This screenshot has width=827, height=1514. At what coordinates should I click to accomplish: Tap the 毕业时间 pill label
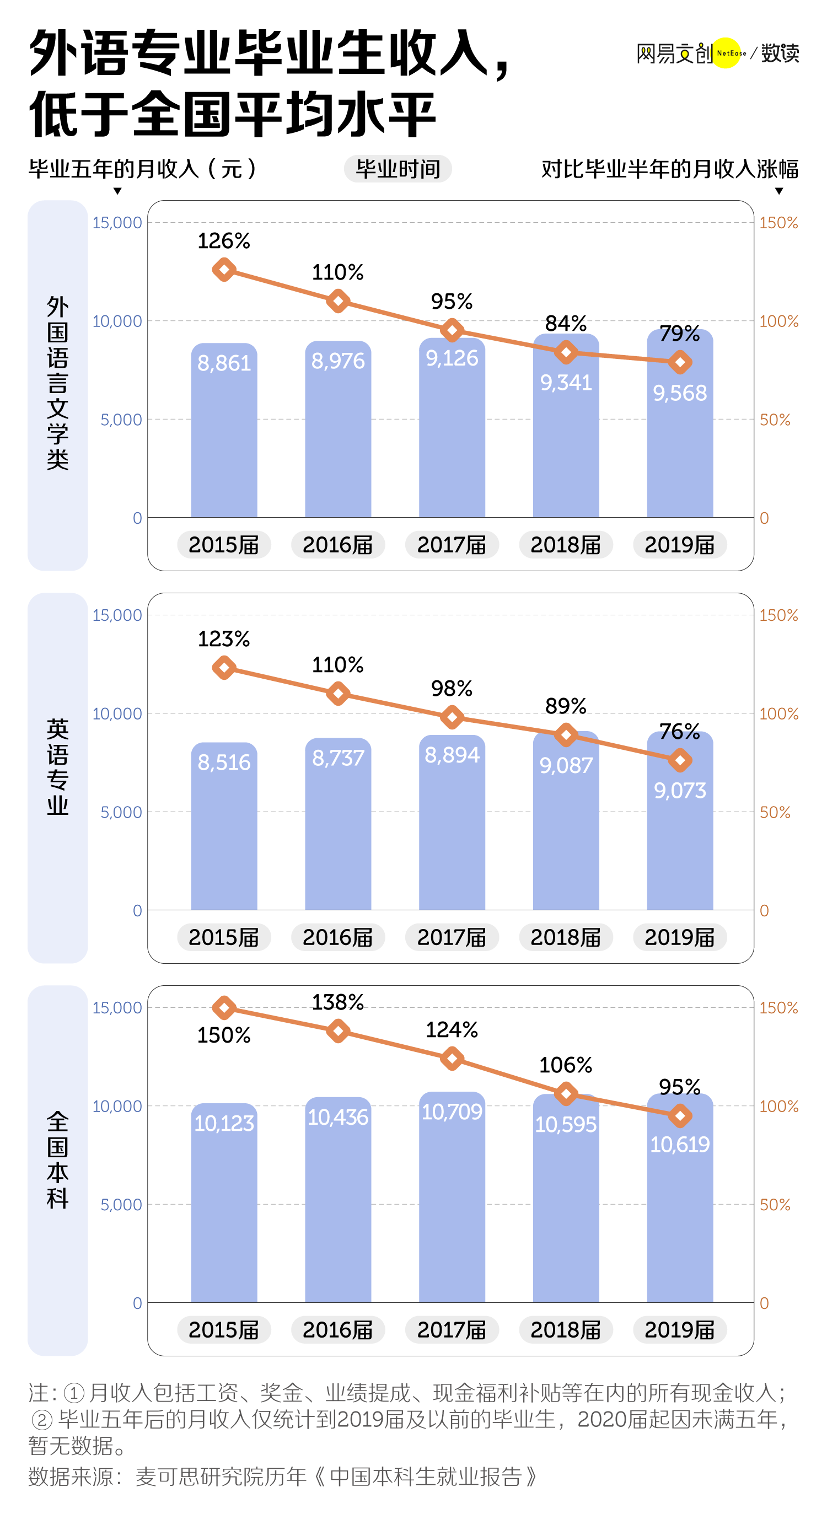398,169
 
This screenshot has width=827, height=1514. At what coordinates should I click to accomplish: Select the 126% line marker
224,270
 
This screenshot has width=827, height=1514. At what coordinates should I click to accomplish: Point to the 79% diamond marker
680,362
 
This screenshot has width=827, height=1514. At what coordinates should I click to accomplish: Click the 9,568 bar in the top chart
680,435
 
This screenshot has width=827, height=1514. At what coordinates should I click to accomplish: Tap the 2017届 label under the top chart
452,545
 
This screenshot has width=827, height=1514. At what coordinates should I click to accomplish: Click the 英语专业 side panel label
57,767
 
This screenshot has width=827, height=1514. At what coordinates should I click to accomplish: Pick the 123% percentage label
224,639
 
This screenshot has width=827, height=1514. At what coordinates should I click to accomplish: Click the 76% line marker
680,760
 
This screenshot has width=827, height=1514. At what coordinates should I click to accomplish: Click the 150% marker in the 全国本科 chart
224,1008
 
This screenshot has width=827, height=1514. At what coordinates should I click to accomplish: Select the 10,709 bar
452,1199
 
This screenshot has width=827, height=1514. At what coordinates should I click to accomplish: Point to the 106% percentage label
566,1065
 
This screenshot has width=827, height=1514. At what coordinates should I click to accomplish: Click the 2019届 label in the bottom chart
680,1330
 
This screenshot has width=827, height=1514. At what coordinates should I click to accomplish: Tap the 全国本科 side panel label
57,1159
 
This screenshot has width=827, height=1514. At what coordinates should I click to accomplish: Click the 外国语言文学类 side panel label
57,383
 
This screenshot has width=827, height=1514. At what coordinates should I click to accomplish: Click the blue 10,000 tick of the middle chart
117,713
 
